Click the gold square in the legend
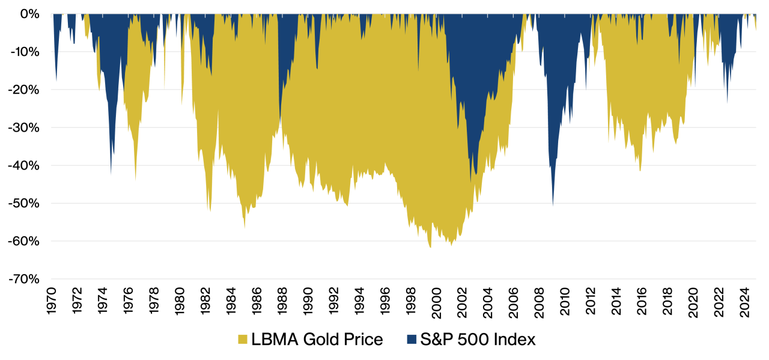point(243,340)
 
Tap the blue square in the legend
point(412,340)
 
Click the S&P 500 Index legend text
point(478,340)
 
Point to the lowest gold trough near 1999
point(430,247)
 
